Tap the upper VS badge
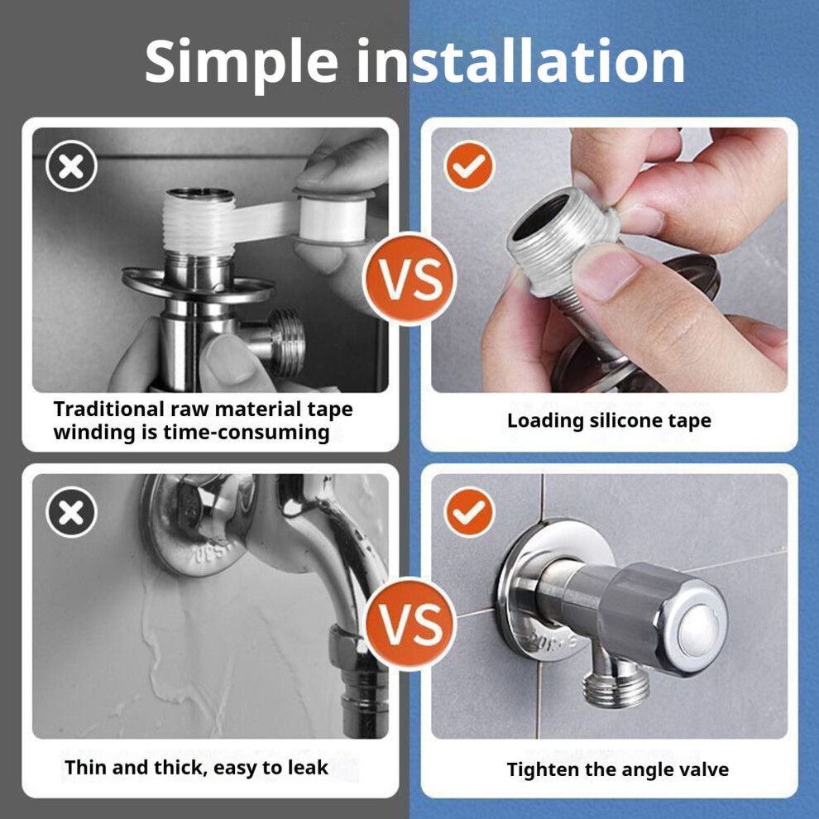(x=410, y=279)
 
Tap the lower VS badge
(x=410, y=624)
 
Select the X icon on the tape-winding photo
(x=71, y=166)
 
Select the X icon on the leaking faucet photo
(x=71, y=512)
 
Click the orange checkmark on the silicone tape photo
(x=469, y=166)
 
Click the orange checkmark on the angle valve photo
(x=469, y=512)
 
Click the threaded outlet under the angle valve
(x=615, y=689)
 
